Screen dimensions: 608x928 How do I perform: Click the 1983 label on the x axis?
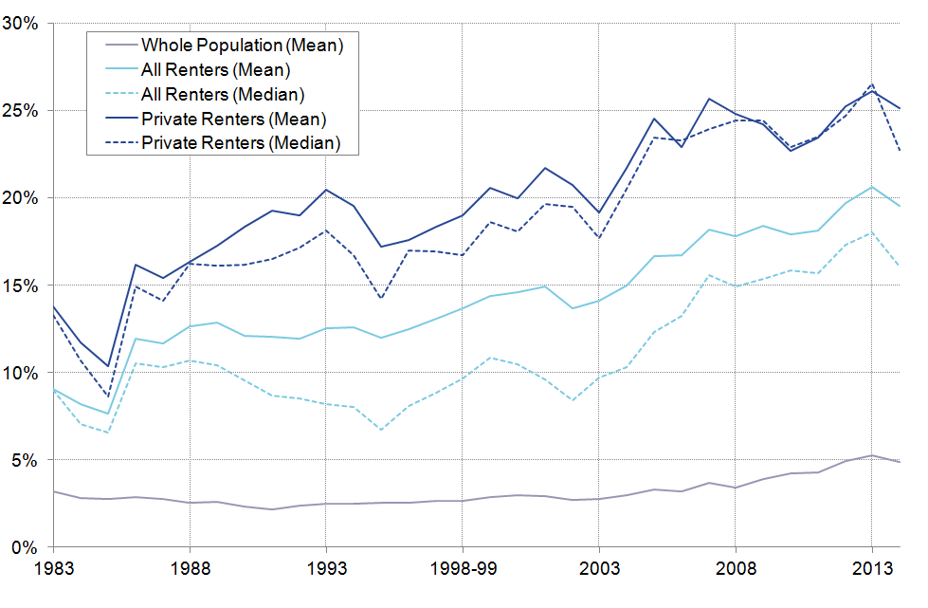tap(53, 573)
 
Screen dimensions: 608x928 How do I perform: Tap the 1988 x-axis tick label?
tap(190, 573)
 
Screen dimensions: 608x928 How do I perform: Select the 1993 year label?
tap(326, 573)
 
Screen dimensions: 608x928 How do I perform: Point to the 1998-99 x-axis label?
tap(463, 573)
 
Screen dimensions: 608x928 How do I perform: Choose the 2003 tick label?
tap(599, 573)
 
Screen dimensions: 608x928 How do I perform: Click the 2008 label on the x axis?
tap(736, 573)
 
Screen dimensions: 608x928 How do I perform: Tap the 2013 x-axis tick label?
tap(872, 573)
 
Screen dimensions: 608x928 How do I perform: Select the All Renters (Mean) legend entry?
tap(215, 69)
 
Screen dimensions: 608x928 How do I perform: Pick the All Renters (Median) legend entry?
tap(222, 94)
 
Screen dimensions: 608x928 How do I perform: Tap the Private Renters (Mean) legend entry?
tap(233, 119)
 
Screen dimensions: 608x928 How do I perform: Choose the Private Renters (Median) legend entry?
tap(240, 143)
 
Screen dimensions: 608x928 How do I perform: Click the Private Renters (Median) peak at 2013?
tap(872, 84)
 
